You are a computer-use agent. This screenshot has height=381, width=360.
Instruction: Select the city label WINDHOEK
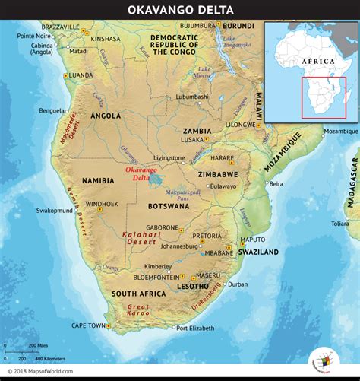tap(102, 205)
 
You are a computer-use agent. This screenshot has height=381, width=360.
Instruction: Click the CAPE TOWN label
tap(89, 325)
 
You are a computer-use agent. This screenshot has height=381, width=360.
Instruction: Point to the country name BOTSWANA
tap(169, 207)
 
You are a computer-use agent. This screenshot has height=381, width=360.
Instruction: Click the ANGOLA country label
tap(106, 116)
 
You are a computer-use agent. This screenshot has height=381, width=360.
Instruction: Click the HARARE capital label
tap(222, 158)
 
